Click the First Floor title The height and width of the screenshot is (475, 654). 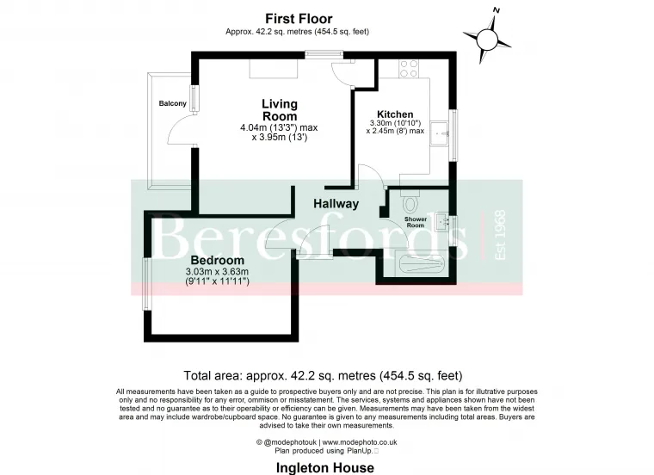(298, 18)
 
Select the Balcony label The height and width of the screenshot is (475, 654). (173, 104)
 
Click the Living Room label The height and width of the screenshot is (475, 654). (280, 110)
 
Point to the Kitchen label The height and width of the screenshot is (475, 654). (395, 114)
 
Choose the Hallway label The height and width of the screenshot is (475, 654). (336, 204)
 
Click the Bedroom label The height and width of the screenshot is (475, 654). (217, 260)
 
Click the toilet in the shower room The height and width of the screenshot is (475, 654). (409, 203)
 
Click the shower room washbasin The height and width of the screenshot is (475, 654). (443, 222)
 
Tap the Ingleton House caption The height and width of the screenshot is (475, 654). (324, 467)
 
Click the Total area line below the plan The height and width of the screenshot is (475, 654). (324, 375)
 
